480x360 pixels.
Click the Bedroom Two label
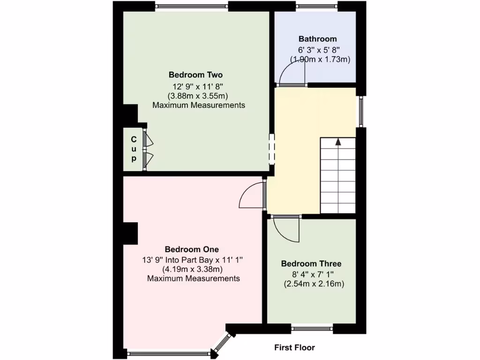tap(195, 75)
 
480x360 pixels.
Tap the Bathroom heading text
tap(317, 39)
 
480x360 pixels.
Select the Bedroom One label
tap(191, 249)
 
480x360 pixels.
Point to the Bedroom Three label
tap(311, 264)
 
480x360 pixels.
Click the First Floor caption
tap(294, 348)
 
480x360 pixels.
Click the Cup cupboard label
tap(134, 149)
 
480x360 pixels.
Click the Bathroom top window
tap(317, 6)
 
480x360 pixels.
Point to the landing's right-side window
tap(360, 111)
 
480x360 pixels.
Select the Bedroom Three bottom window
tap(312, 329)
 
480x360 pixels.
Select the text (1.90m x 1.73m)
tap(321, 60)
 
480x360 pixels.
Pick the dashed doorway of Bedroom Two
tap(270, 148)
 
